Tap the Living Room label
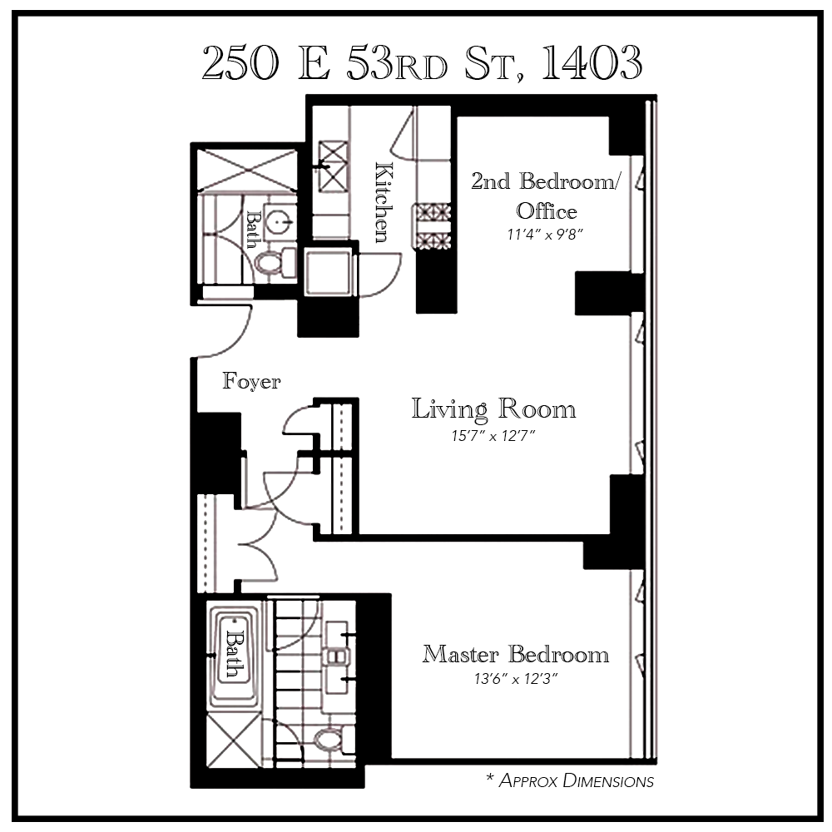pyautogui.click(x=494, y=409)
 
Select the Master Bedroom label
pyautogui.click(x=515, y=654)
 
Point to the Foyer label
pyautogui.click(x=251, y=382)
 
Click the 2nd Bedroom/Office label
pyautogui.click(x=545, y=195)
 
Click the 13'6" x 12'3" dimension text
pyautogui.click(x=515, y=679)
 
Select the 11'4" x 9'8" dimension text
pyautogui.click(x=545, y=235)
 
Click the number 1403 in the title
pyautogui.click(x=592, y=62)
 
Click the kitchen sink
pyautogui.click(x=333, y=158)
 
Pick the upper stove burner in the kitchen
pyautogui.click(x=432, y=212)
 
